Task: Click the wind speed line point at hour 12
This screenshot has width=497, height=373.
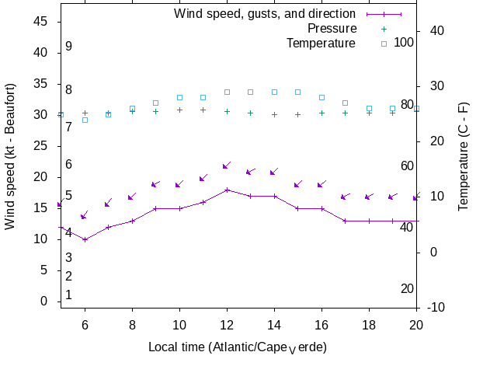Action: pos(227,190)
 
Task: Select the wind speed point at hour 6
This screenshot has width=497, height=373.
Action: pos(85,239)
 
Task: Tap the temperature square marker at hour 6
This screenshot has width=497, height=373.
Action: pos(85,120)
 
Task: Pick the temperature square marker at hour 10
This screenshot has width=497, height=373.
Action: pos(179,97)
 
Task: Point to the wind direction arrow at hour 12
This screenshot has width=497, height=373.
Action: pos(227,166)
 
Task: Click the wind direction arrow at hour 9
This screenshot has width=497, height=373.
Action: pos(155,184)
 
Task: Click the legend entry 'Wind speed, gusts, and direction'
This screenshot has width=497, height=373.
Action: pos(265,14)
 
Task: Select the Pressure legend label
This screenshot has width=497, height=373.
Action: pos(332,29)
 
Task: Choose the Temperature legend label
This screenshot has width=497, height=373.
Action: pos(321,44)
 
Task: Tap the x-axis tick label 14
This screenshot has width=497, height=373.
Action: pos(274,326)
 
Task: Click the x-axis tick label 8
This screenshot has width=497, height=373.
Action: pos(133,326)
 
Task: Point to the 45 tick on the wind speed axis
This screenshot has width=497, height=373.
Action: pos(40,22)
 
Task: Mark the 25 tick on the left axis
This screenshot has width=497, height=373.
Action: pos(40,146)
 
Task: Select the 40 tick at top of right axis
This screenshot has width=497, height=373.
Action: pos(436,30)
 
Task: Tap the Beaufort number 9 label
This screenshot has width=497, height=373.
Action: pos(69,47)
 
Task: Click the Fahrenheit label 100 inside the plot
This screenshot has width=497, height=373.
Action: pos(404,42)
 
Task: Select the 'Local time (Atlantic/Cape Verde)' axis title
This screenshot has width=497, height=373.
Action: pos(238,347)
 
